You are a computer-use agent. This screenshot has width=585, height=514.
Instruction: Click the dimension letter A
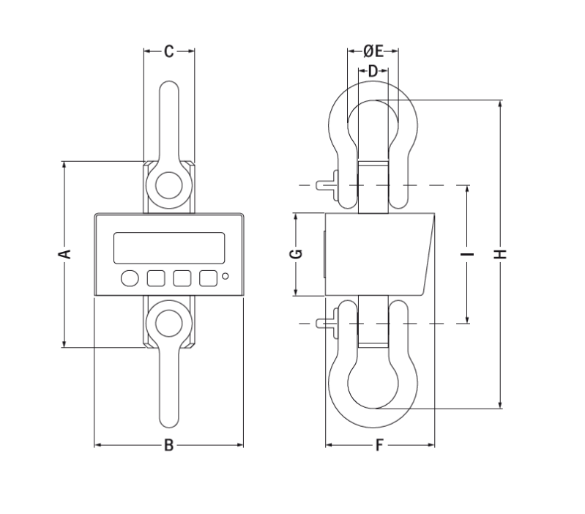[x=64, y=254]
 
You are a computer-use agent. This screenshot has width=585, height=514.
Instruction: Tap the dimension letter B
[x=168, y=445]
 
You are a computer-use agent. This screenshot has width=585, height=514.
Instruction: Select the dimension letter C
[x=169, y=51]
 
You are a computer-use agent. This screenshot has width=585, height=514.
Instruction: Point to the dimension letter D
[x=373, y=71]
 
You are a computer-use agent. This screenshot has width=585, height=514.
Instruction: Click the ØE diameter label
[x=373, y=51]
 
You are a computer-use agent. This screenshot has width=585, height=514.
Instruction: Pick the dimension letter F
[x=379, y=445]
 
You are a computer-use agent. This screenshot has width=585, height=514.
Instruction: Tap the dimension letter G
[x=296, y=254]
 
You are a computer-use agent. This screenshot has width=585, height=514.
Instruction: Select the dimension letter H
[x=500, y=254]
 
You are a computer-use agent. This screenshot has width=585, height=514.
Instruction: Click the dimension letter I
[x=467, y=254]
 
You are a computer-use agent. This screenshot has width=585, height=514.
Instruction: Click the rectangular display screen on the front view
[x=169, y=248]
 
